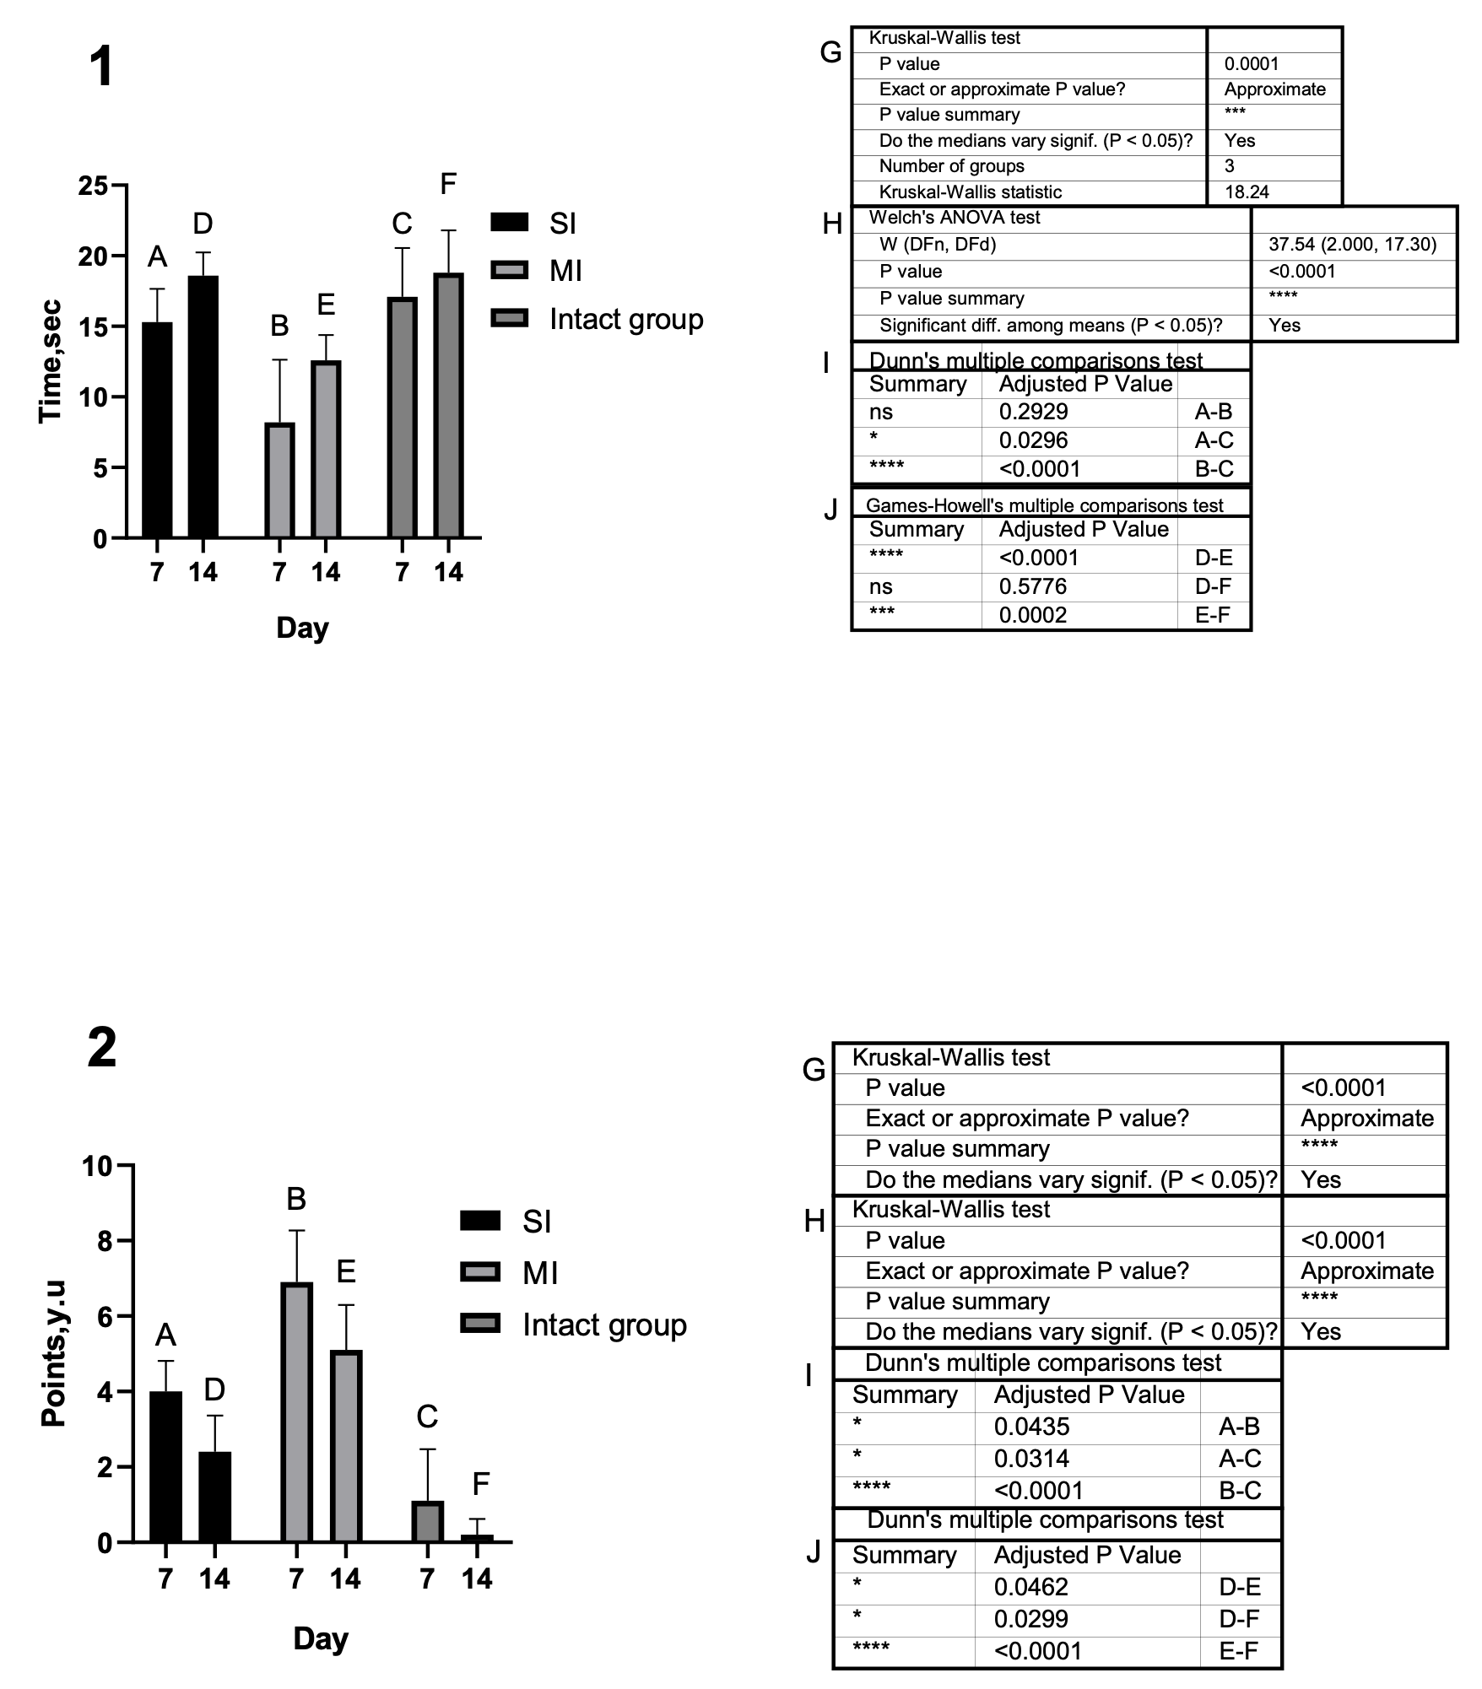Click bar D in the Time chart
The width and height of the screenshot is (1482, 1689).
click(x=203, y=407)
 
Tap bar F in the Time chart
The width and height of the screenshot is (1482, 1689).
click(x=448, y=406)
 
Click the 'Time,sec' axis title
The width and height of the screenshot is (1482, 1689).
click(x=51, y=362)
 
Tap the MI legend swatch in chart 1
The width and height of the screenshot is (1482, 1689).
click(x=509, y=271)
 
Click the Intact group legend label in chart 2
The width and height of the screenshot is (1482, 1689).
click(x=604, y=1325)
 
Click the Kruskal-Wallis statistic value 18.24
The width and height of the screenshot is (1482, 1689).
click(x=1247, y=192)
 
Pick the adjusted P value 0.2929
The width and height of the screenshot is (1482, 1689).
click(x=1033, y=412)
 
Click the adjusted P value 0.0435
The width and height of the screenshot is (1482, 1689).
click(x=1031, y=1427)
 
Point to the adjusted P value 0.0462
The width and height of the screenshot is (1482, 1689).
click(x=1031, y=1587)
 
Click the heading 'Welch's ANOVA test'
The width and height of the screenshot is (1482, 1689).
click(x=955, y=218)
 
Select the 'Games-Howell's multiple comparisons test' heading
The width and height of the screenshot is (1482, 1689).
click(x=1044, y=505)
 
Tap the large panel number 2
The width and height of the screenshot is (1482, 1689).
click(x=102, y=1049)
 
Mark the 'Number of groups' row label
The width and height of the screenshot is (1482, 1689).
click(x=951, y=166)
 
